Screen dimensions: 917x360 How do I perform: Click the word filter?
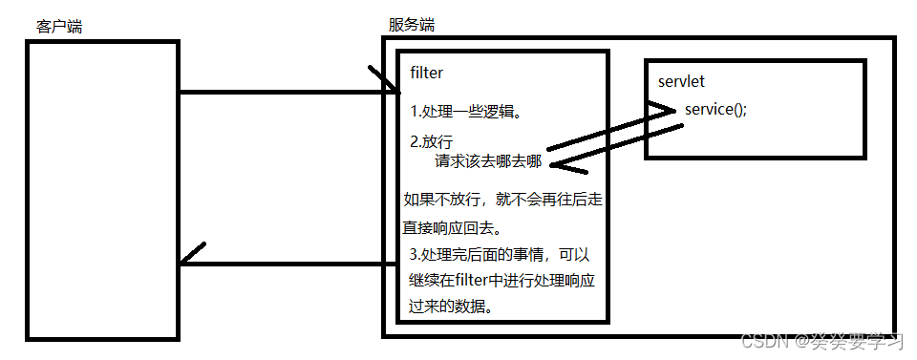426,73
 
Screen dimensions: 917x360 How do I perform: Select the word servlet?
681,82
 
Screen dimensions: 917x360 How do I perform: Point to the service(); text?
715,109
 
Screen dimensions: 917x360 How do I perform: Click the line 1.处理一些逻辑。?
465,112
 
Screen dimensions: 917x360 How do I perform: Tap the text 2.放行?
431,141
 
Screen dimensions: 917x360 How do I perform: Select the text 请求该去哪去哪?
488,160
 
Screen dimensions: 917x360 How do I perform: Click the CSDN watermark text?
821,341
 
